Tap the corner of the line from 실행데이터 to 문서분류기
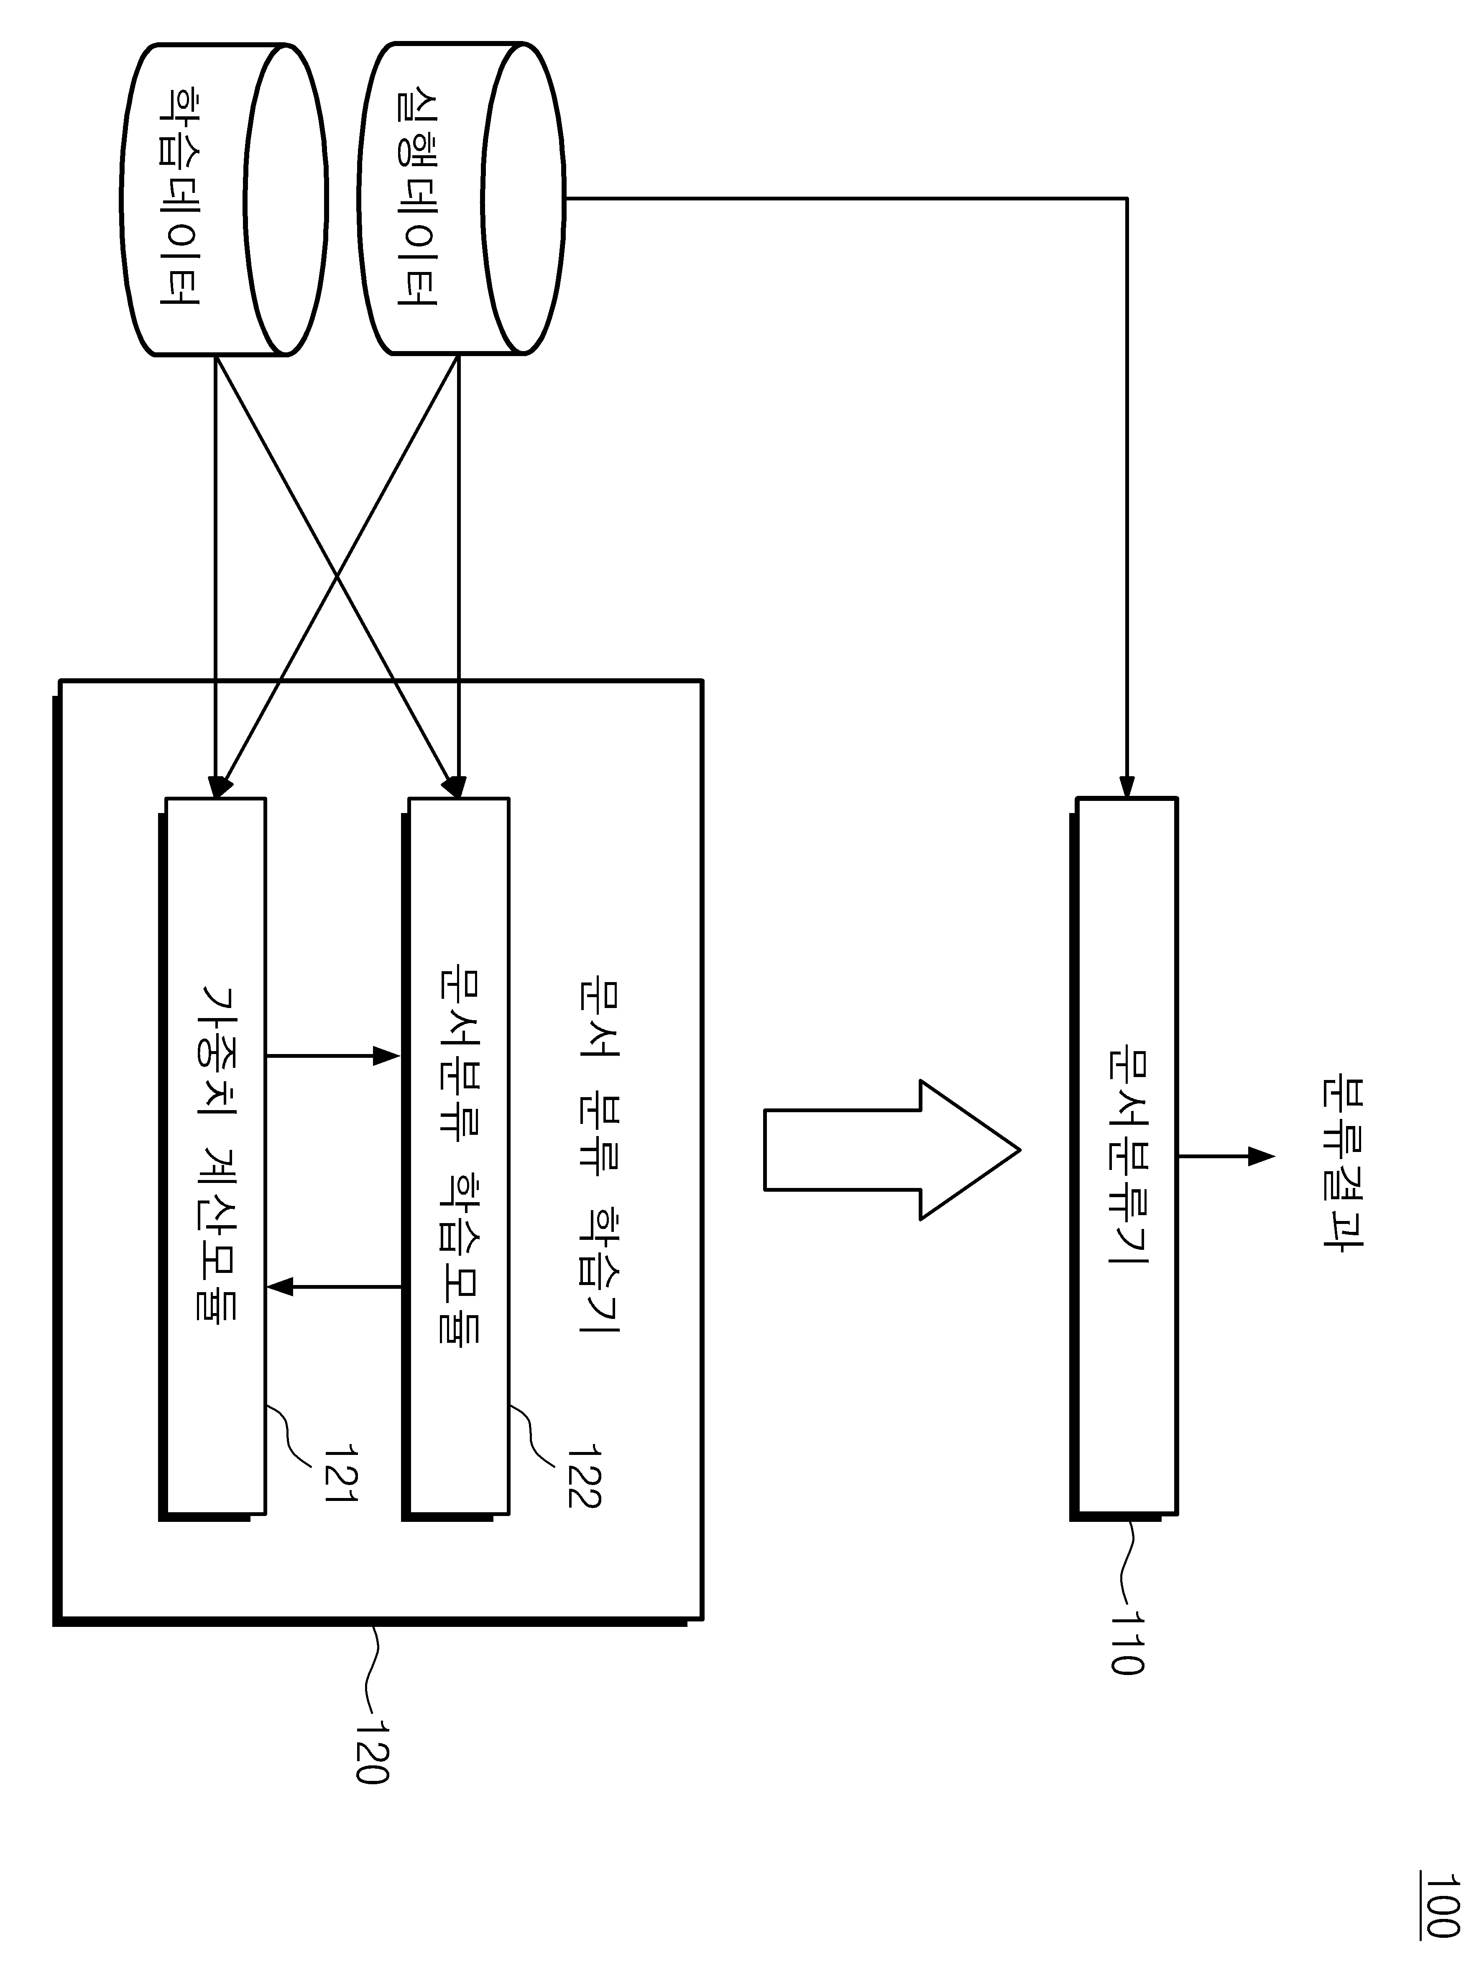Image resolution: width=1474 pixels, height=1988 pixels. (1127, 198)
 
